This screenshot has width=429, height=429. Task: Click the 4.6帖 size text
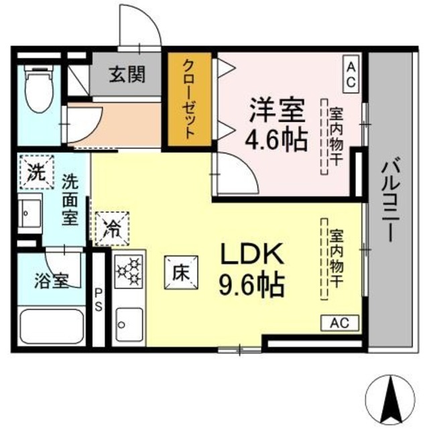coord(276,139)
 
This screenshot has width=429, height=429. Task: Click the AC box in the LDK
coord(341,323)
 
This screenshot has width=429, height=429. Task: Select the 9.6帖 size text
coord(252,285)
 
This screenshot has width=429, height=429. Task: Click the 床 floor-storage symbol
coord(179,273)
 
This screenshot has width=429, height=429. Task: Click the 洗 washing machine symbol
coord(36,173)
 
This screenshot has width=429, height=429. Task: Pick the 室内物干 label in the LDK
coord(334,258)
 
